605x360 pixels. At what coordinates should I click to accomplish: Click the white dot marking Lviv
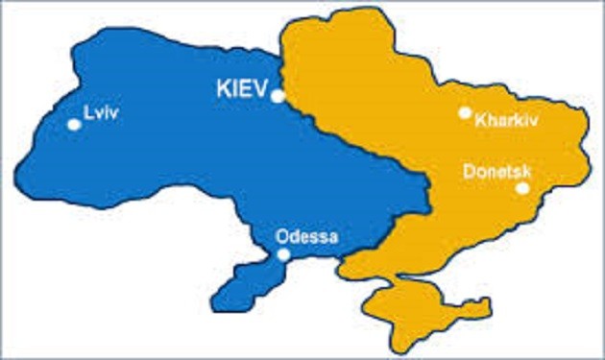(x=73, y=124)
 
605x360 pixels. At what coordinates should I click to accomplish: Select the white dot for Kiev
(x=277, y=96)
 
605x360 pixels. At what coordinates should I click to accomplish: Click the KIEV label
(x=238, y=88)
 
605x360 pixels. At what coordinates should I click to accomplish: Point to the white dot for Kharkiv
(x=465, y=112)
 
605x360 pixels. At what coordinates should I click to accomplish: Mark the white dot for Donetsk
(x=522, y=188)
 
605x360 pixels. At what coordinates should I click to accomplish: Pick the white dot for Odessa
(x=283, y=254)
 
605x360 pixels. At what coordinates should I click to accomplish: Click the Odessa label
(x=306, y=236)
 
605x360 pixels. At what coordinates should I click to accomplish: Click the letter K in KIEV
(x=220, y=88)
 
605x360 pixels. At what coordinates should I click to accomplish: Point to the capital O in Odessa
(x=281, y=236)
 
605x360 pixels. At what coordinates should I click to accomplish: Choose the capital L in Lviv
(x=88, y=111)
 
